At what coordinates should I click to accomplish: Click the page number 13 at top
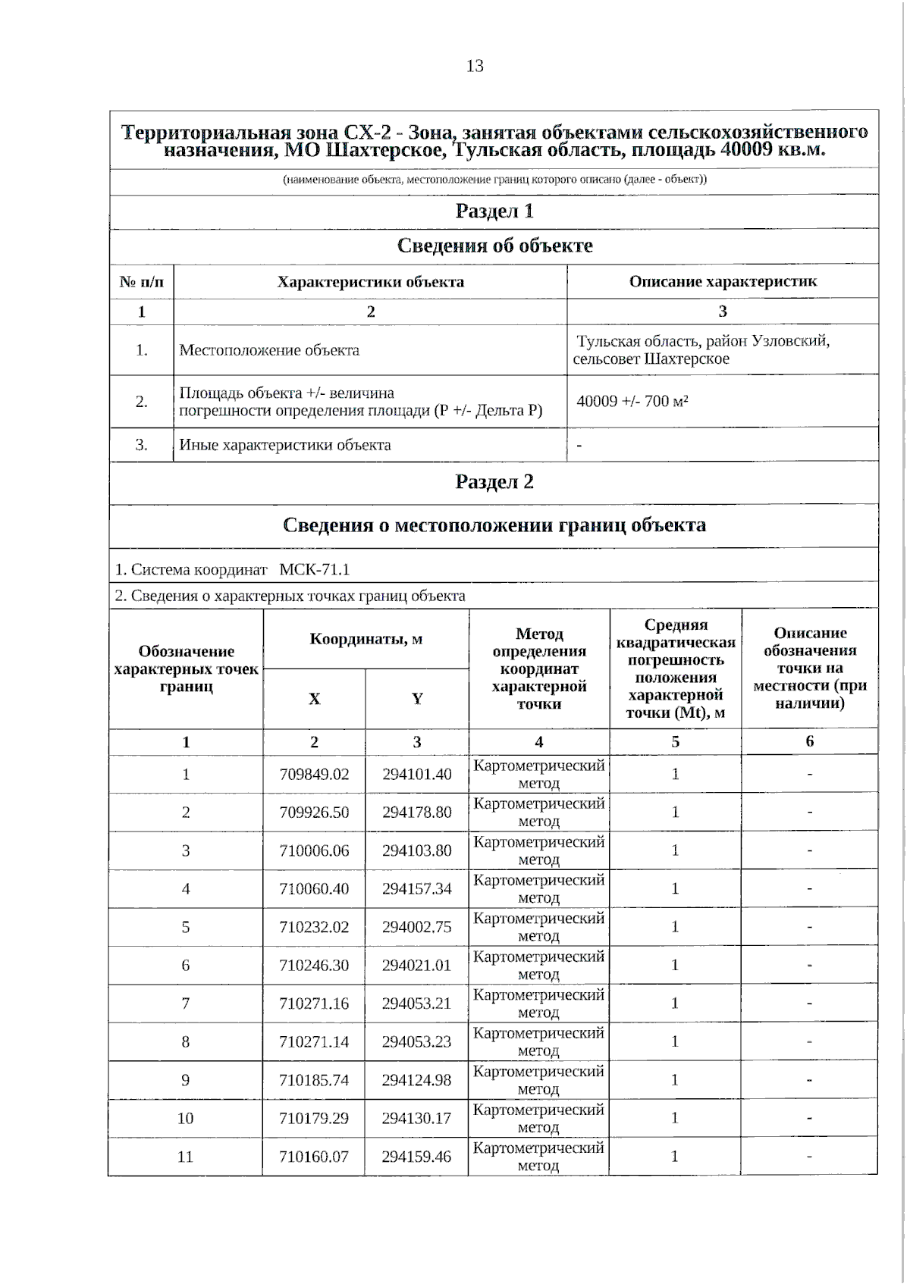point(475,66)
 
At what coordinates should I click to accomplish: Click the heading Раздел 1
point(494,211)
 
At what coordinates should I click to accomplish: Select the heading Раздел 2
point(494,481)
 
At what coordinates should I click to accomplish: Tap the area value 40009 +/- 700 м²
point(632,401)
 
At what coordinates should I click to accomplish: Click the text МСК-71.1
point(315,569)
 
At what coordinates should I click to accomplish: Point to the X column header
point(314,698)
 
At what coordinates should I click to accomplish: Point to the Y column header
point(417,698)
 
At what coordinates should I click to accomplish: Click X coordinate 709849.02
point(314,774)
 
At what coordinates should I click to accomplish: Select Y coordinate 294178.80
point(416,812)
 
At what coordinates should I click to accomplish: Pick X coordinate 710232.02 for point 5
point(314,927)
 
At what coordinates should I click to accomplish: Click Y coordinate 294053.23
point(416,1041)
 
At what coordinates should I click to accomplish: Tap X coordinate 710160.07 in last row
point(314,1157)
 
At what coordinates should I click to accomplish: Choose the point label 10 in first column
point(185,1118)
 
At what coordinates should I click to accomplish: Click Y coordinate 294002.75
point(416,927)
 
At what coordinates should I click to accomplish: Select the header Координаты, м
point(366,638)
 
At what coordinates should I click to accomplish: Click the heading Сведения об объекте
point(494,246)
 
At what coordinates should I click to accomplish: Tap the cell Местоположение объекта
point(269,350)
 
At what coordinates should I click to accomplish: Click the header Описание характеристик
point(723,281)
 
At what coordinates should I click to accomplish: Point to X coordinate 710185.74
point(314,1080)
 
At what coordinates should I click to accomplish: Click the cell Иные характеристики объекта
point(285,445)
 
